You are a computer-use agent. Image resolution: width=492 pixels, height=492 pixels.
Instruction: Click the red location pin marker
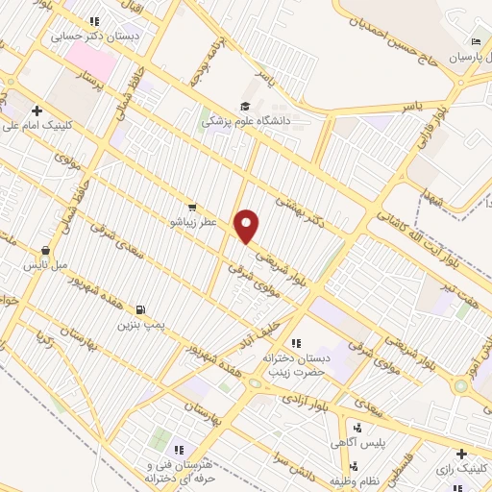248,225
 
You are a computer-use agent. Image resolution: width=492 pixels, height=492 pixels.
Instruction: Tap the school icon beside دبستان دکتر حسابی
93,21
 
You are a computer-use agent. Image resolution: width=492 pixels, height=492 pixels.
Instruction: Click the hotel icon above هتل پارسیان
475,42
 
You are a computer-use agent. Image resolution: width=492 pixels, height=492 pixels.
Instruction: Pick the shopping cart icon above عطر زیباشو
193,207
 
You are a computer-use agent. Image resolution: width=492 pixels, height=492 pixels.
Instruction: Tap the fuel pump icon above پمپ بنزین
141,310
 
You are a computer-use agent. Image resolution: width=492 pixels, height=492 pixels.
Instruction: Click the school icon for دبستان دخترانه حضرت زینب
296,343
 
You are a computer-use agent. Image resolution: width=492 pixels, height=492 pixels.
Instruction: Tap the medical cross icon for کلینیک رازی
461,453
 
